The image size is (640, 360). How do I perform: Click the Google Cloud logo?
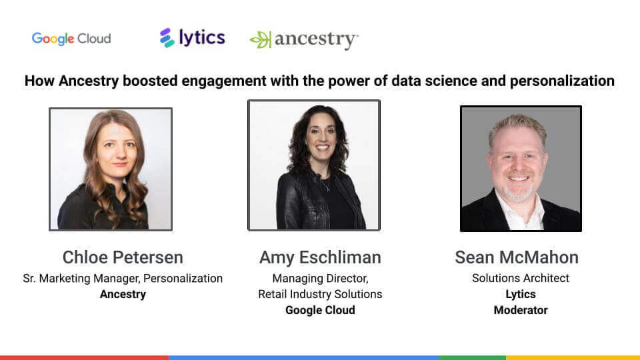tap(71, 39)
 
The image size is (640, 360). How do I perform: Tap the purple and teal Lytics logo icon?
tap(167, 38)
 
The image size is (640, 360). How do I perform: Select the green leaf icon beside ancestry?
tap(261, 40)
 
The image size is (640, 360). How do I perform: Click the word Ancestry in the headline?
tap(89, 81)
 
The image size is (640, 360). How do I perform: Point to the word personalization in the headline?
tap(562, 81)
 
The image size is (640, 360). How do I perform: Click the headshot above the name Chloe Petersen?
tap(111, 169)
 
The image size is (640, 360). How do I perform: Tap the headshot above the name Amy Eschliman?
tap(314, 165)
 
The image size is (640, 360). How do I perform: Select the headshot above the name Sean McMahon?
tap(521, 169)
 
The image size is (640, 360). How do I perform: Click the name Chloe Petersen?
tap(123, 257)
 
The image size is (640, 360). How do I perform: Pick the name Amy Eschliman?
tap(320, 257)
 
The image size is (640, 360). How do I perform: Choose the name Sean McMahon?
tap(517, 257)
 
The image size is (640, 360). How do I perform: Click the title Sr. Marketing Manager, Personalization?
tap(123, 279)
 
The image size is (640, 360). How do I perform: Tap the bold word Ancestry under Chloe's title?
tap(123, 294)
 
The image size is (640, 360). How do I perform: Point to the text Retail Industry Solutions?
tap(320, 294)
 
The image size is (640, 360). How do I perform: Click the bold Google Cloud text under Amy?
tap(320, 310)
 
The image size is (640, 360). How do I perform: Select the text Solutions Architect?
tap(521, 279)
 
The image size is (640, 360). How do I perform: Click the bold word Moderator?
tap(521, 310)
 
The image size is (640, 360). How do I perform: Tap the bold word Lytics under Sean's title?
tap(521, 294)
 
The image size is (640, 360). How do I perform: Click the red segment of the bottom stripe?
tap(85, 357)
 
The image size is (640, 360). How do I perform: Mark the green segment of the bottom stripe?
tap(473, 357)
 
